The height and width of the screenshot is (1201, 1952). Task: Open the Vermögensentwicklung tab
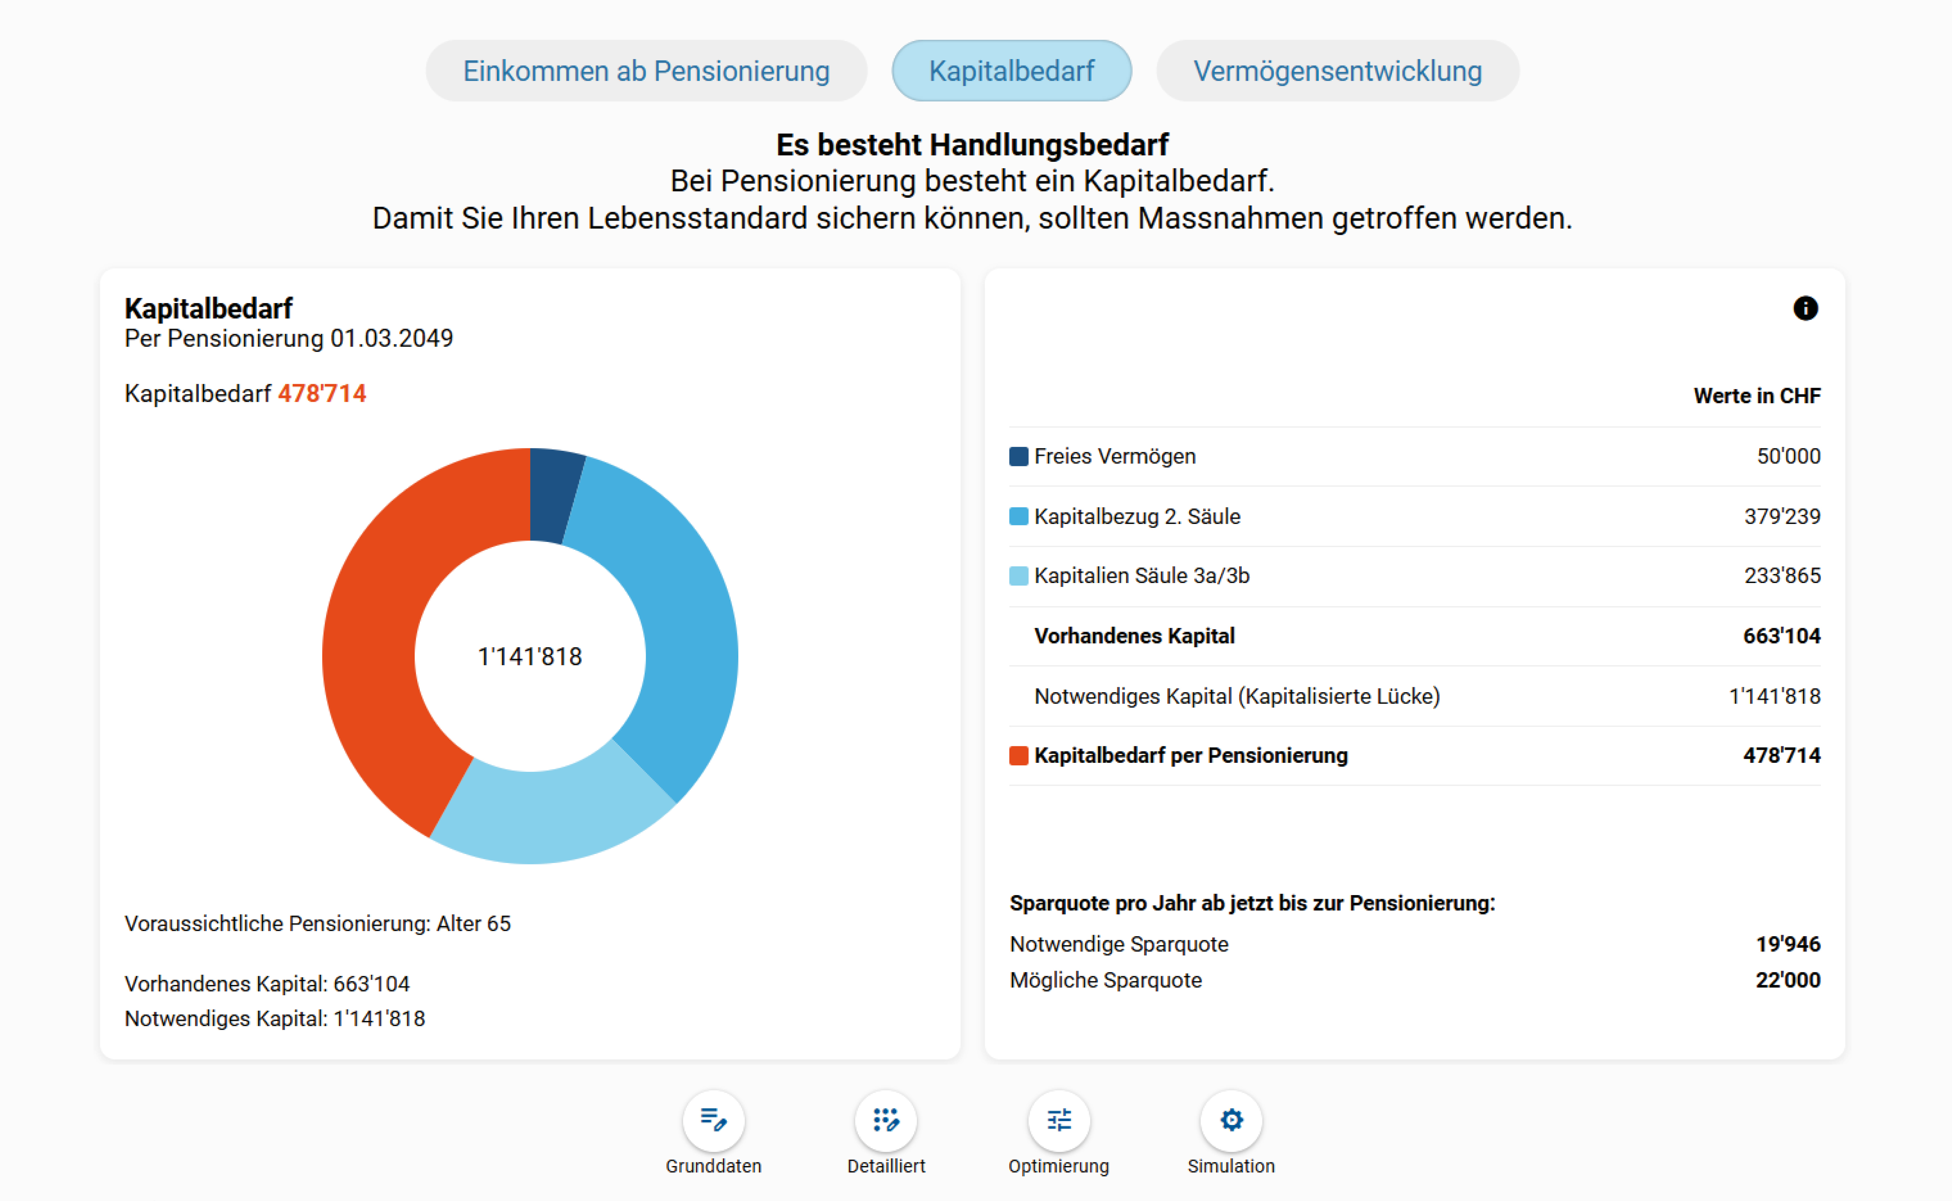1337,71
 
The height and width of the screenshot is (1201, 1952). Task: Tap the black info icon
1805,308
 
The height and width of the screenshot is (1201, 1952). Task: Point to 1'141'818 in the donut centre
530,656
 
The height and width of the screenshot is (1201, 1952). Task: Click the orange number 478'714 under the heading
322,393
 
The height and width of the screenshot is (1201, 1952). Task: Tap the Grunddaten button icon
713,1120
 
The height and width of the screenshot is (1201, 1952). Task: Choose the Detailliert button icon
885,1120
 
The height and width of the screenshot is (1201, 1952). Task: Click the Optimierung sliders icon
1059,1120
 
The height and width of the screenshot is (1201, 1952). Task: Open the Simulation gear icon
1231,1120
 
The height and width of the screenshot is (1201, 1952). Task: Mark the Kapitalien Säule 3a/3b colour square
1018,576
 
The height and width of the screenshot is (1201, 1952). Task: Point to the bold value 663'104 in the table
1781,635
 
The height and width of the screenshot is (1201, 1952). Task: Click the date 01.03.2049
391,338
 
